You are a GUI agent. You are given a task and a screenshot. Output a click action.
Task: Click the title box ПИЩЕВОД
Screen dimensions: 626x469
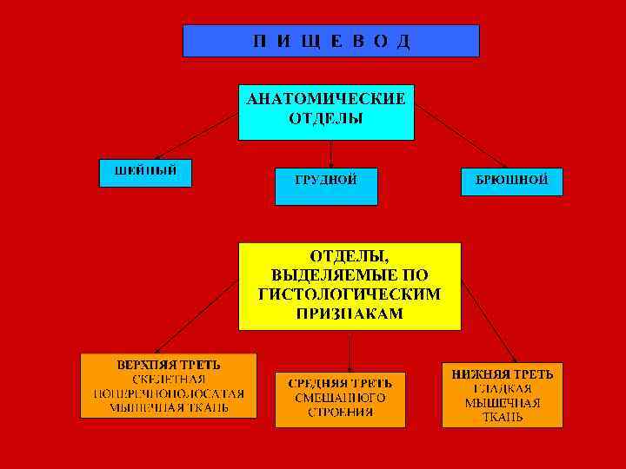(330, 41)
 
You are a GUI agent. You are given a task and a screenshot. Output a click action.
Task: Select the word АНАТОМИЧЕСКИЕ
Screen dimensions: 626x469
(326, 99)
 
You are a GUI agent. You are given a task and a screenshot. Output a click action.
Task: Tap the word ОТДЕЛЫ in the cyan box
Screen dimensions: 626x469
(326, 117)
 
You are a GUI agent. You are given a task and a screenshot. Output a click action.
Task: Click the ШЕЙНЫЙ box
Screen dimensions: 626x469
(144, 170)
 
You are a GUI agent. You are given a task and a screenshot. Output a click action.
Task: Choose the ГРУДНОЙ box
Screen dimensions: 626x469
(326, 181)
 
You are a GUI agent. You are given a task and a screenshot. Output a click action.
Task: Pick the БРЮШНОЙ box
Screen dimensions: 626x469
(511, 180)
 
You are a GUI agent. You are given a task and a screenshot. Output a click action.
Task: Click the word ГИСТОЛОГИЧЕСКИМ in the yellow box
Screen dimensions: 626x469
(350, 294)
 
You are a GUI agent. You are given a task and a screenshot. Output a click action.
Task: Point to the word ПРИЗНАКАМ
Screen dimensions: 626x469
(350, 314)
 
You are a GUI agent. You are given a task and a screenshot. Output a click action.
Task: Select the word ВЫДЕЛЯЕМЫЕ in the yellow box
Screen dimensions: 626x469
(350, 275)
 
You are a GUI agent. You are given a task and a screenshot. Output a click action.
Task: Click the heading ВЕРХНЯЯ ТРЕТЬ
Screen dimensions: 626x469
(169, 363)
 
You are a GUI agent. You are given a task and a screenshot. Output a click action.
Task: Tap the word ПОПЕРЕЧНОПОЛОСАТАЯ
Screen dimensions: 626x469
(169, 393)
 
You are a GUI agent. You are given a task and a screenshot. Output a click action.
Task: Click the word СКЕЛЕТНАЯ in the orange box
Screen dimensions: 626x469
(169, 378)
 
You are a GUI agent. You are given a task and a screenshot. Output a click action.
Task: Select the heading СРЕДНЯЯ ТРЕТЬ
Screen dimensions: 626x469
(340, 382)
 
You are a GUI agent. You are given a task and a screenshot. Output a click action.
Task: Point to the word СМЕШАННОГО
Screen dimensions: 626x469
(340, 397)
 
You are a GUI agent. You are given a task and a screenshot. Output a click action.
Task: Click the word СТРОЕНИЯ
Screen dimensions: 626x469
(340, 412)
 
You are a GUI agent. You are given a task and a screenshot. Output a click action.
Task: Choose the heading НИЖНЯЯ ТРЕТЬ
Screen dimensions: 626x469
(502, 374)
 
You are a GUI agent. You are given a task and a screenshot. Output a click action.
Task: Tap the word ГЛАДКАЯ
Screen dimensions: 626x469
(502, 388)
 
